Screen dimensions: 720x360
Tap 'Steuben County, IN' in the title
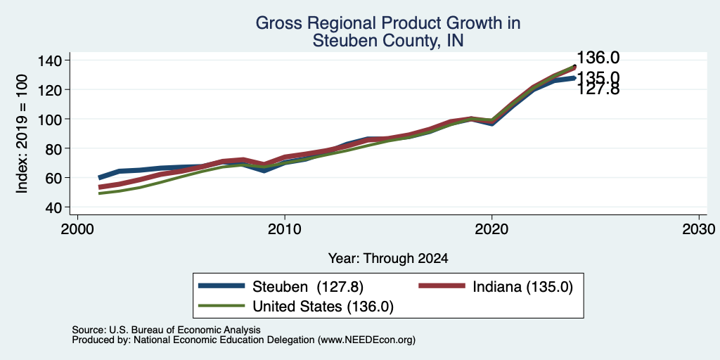coord(388,41)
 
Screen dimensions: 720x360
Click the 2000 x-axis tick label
coord(77,229)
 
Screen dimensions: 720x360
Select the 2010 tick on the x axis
coord(285,229)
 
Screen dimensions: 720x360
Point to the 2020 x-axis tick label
coord(491,229)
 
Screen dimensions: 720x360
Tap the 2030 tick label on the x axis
coord(699,229)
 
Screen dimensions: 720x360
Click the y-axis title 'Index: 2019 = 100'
coord(22,134)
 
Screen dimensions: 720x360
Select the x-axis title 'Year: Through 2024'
coord(388,259)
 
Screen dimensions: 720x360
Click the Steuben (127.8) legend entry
coord(281,287)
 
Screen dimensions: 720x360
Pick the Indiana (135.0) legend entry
coord(496,287)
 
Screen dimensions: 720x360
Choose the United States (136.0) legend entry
coord(296,307)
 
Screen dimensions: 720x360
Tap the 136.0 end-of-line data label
coord(598,58)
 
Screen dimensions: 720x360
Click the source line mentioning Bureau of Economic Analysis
coord(166,330)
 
